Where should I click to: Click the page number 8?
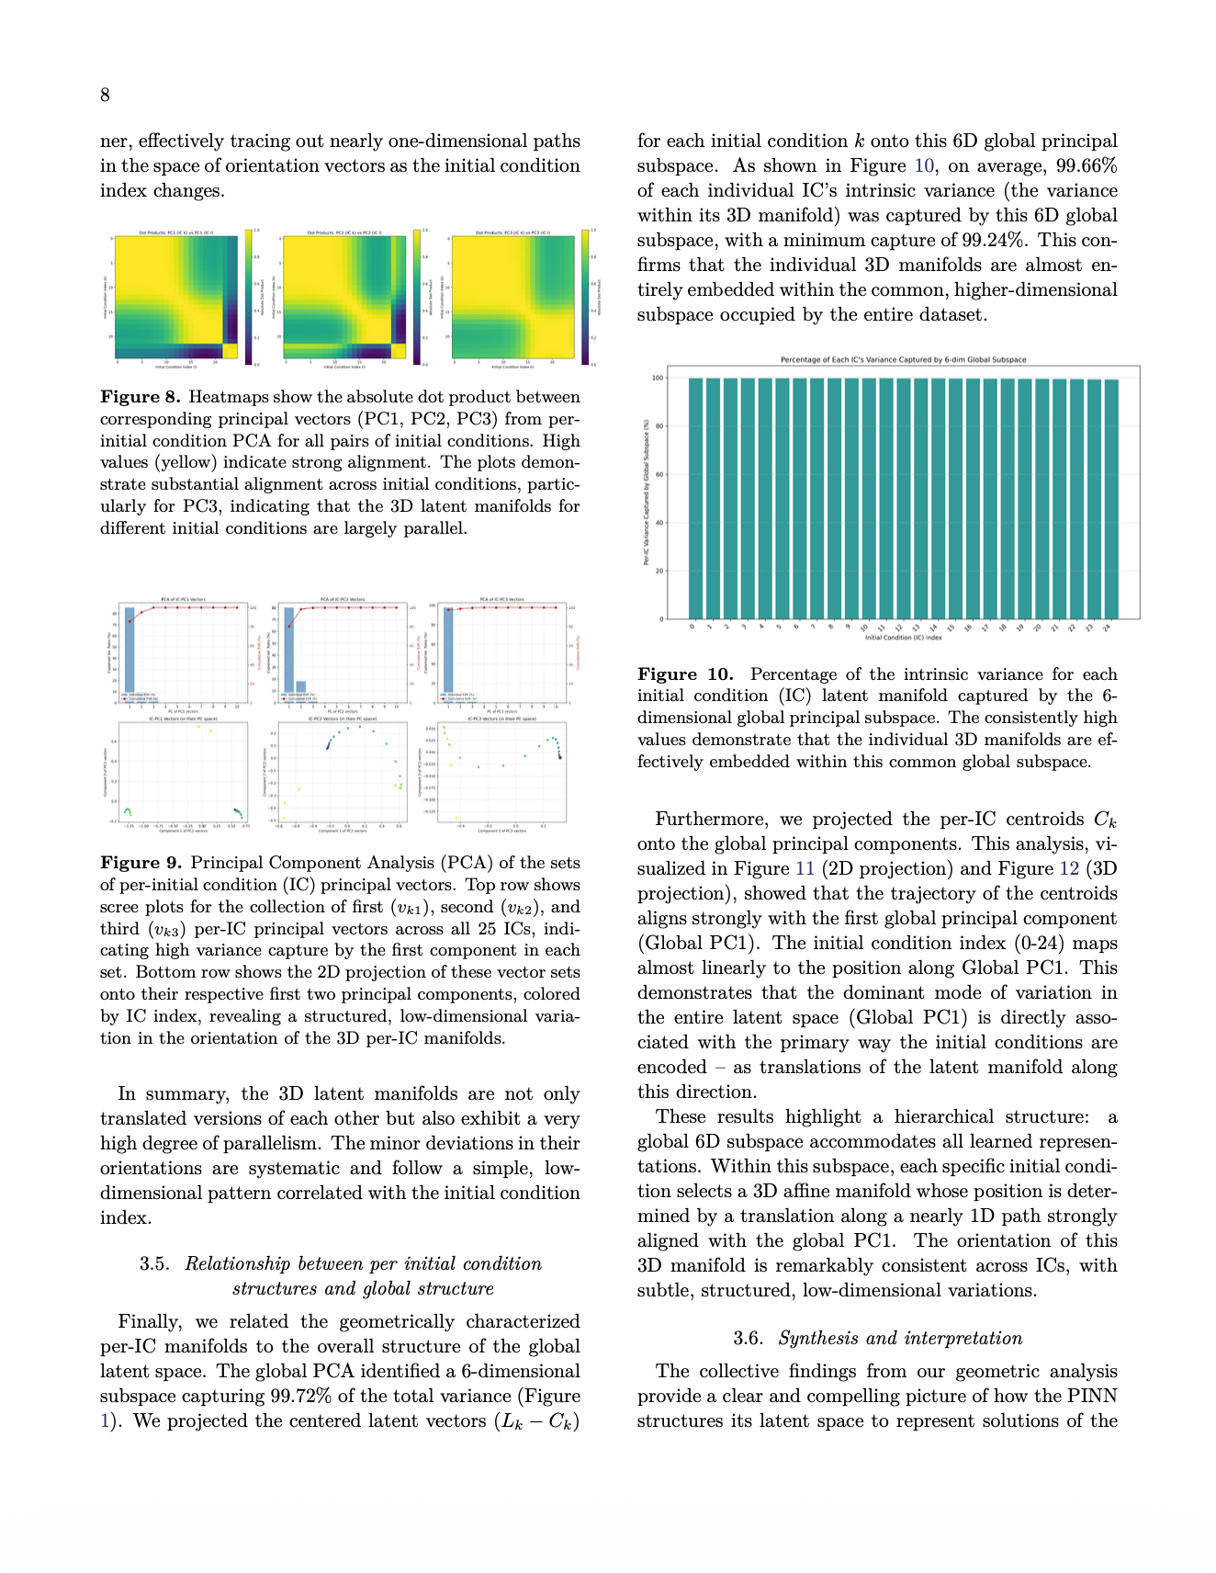tap(105, 95)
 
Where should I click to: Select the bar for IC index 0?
tap(695, 496)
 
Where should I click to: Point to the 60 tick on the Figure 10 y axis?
tap(658, 475)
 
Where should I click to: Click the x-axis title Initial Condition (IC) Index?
tap(902, 638)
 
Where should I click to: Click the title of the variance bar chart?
tap(903, 359)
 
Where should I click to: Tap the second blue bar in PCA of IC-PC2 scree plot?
tap(301, 686)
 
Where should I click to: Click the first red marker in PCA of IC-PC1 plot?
tap(129, 621)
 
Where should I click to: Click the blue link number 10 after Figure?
tap(923, 166)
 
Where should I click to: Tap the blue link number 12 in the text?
tap(1068, 869)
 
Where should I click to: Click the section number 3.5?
tap(154, 1264)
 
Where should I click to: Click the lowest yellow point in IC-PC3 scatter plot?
tap(456, 817)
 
